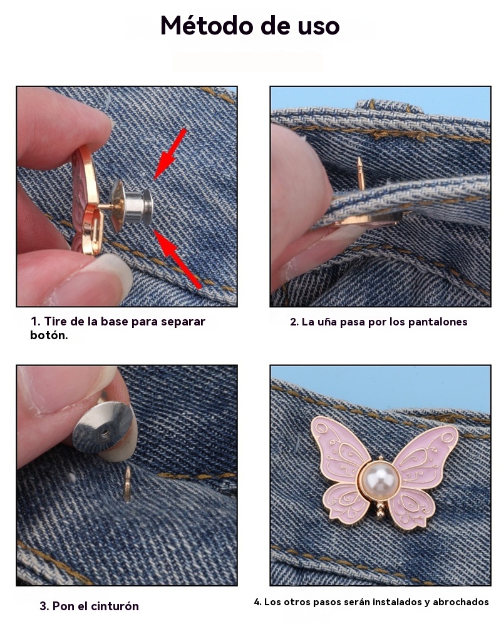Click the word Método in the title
[207, 26]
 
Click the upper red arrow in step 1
[170, 154]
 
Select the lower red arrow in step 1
[177, 258]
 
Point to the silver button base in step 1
[132, 206]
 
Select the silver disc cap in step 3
[103, 427]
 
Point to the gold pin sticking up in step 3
[127, 484]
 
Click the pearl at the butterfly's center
[380, 480]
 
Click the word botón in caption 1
[49, 335]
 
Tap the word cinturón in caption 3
[115, 606]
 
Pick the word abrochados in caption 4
[461, 601]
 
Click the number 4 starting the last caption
[257, 602]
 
